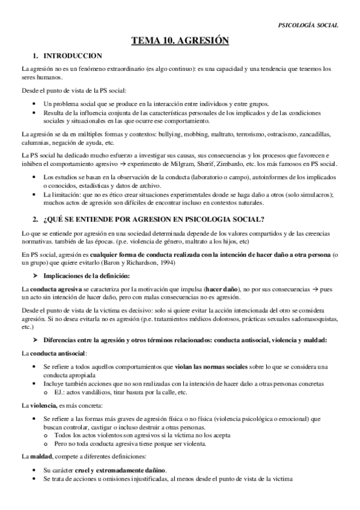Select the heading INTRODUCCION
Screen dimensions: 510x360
pos(68,56)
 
